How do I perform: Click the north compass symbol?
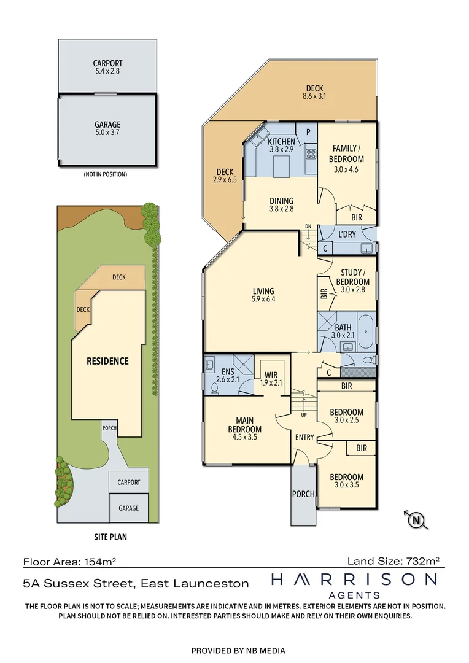pos(417,520)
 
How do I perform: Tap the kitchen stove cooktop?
pos(311,154)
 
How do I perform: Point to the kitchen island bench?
pos(281,166)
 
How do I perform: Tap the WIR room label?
pos(271,375)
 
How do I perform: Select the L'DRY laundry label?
pos(347,234)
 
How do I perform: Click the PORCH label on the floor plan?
pos(303,494)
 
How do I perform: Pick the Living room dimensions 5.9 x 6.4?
pos(263,299)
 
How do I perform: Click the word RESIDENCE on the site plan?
pos(107,361)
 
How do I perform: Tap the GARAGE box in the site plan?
pos(128,508)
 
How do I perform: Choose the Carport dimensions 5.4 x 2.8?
pos(107,71)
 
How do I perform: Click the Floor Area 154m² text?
pos(70,562)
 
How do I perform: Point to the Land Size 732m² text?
pos(393,561)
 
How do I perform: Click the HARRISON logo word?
pos(354,580)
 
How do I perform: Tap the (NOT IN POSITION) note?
pos(106,174)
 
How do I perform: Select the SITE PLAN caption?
pos(110,537)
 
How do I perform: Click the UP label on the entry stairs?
pos(304,415)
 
